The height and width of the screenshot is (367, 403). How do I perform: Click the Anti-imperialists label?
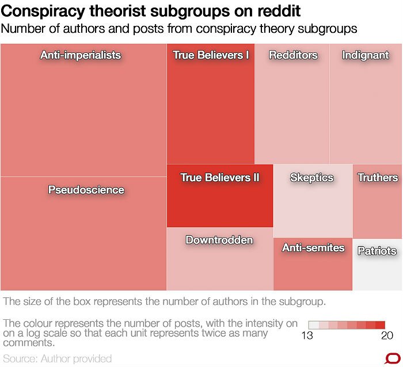81,55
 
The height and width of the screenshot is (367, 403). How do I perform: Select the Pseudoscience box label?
86,190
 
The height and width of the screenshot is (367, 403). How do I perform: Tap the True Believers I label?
211,55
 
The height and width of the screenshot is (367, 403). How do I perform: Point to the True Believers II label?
220,177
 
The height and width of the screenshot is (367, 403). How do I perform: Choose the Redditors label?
293,55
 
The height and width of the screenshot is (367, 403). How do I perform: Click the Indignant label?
366,55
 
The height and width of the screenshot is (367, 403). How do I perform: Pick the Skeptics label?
311,177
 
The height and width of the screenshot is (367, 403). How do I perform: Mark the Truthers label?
378,177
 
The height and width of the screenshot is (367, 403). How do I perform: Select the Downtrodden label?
219,240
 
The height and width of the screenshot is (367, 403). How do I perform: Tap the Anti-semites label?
313,248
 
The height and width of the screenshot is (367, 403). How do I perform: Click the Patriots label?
377,251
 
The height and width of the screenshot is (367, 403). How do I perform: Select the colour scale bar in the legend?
347,325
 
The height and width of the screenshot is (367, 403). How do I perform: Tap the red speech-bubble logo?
392,357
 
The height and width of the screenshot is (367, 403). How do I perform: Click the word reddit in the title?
280,11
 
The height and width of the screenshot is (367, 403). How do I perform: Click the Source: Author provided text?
58,358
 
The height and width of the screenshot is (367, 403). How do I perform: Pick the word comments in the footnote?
28,343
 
